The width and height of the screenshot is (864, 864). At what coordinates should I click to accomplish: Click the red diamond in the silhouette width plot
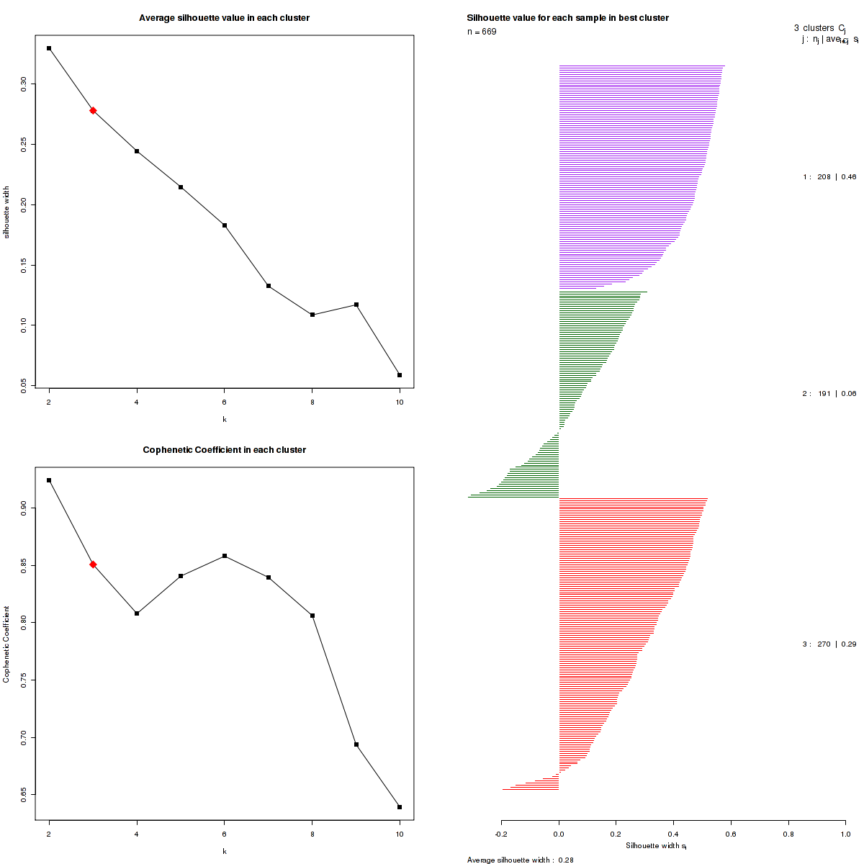pyautogui.click(x=93, y=110)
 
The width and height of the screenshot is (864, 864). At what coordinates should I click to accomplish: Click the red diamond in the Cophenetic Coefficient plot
pyautogui.click(x=93, y=564)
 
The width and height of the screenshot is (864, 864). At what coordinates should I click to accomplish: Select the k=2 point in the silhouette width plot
pyautogui.click(x=49, y=48)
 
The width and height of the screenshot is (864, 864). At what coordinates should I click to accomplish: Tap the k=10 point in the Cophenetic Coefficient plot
pyautogui.click(x=400, y=807)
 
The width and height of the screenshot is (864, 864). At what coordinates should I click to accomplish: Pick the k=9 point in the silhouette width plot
pyautogui.click(x=356, y=305)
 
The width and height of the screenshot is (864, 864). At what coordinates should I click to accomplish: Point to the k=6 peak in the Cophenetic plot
pyautogui.click(x=225, y=556)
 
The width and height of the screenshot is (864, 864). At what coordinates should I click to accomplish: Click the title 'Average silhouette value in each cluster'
pyautogui.click(x=224, y=18)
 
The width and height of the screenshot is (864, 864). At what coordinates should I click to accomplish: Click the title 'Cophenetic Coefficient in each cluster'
pyautogui.click(x=224, y=450)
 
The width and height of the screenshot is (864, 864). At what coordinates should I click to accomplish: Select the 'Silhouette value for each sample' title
pyautogui.click(x=567, y=18)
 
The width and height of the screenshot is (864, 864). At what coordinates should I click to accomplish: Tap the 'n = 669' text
pyautogui.click(x=482, y=32)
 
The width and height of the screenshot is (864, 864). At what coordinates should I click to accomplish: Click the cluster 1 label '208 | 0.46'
pyautogui.click(x=829, y=177)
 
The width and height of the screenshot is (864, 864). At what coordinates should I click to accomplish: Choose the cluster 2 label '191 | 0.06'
pyautogui.click(x=829, y=394)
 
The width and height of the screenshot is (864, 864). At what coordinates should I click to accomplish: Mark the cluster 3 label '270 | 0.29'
pyautogui.click(x=829, y=644)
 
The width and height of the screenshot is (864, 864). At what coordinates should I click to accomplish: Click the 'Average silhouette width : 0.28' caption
pyautogui.click(x=520, y=860)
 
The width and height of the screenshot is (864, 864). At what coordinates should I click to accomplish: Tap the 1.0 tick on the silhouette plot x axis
pyautogui.click(x=845, y=834)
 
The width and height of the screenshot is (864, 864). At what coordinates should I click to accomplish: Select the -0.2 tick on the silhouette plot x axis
pyautogui.click(x=501, y=834)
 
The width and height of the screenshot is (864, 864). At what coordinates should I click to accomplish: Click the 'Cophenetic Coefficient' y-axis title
pyautogui.click(x=6, y=644)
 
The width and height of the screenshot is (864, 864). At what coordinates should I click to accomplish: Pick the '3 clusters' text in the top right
pyautogui.click(x=814, y=28)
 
